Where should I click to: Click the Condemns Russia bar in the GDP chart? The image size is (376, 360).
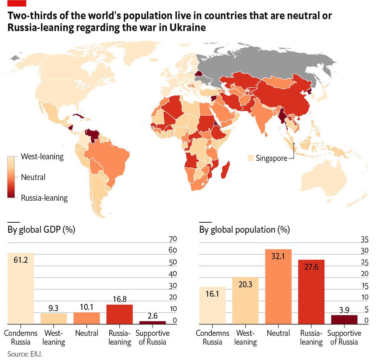(x=21, y=288)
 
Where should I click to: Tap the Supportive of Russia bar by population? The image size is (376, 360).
(x=344, y=319)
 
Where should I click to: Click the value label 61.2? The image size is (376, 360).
(x=21, y=260)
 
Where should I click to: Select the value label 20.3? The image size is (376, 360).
(x=245, y=284)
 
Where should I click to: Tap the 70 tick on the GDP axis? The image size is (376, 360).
(x=173, y=238)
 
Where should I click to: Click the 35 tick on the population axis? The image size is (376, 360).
(x=365, y=238)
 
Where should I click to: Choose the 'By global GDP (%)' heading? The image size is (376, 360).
(x=40, y=229)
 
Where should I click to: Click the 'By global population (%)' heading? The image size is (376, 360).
(x=244, y=229)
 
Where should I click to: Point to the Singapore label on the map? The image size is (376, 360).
(x=271, y=158)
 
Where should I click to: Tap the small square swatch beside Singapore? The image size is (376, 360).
(x=251, y=158)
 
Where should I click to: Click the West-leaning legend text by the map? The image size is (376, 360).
(x=42, y=157)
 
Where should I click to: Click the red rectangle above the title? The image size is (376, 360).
(x=16, y=4)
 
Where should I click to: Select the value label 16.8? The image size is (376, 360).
(x=120, y=298)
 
